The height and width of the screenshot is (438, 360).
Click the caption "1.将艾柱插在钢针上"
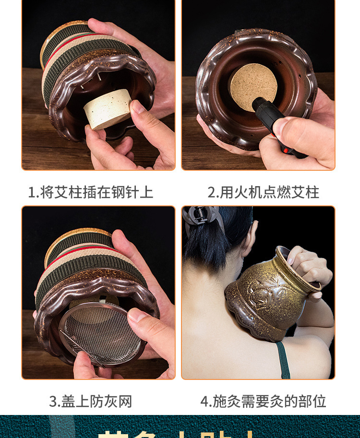90,192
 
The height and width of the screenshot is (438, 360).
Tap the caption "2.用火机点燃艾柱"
263,192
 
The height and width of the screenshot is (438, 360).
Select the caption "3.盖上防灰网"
90,401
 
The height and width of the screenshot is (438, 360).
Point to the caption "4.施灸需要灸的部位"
263,401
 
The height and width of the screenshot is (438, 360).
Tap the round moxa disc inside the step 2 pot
253,87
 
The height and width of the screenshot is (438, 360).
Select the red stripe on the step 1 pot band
77,37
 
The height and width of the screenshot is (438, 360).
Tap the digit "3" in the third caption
53,402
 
